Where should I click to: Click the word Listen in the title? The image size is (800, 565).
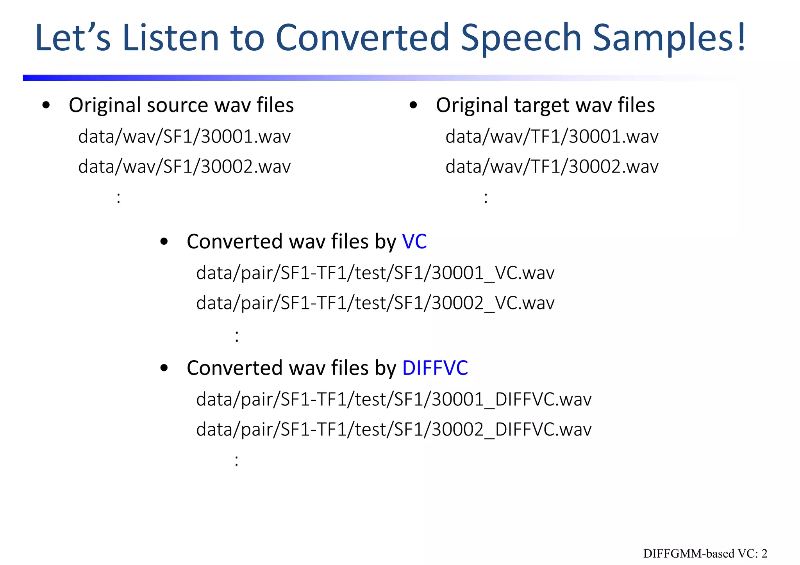click(171, 38)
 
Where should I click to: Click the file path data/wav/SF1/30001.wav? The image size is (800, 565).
click(184, 137)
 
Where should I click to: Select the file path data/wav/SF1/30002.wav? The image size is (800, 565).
click(184, 167)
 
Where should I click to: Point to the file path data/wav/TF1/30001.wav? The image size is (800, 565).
click(552, 137)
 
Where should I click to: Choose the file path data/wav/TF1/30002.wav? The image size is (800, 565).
click(552, 167)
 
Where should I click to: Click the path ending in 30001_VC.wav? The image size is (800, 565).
click(375, 273)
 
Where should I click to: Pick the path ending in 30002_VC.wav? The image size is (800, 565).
click(375, 303)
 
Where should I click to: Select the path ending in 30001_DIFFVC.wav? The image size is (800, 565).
click(394, 399)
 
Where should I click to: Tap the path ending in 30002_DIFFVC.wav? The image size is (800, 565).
click(394, 429)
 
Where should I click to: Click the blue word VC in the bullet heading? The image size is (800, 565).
click(414, 242)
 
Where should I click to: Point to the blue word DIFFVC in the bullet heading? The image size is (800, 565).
click(435, 368)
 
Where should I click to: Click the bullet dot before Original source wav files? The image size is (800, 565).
click(46, 105)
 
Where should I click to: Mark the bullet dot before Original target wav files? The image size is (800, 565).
click(414, 105)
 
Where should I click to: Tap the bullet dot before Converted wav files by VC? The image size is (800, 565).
click(164, 242)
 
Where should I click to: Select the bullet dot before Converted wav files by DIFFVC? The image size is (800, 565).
click(164, 368)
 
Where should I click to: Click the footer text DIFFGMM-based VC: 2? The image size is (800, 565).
click(705, 554)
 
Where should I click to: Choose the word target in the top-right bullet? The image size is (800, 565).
click(541, 106)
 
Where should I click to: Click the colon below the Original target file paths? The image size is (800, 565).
click(486, 198)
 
